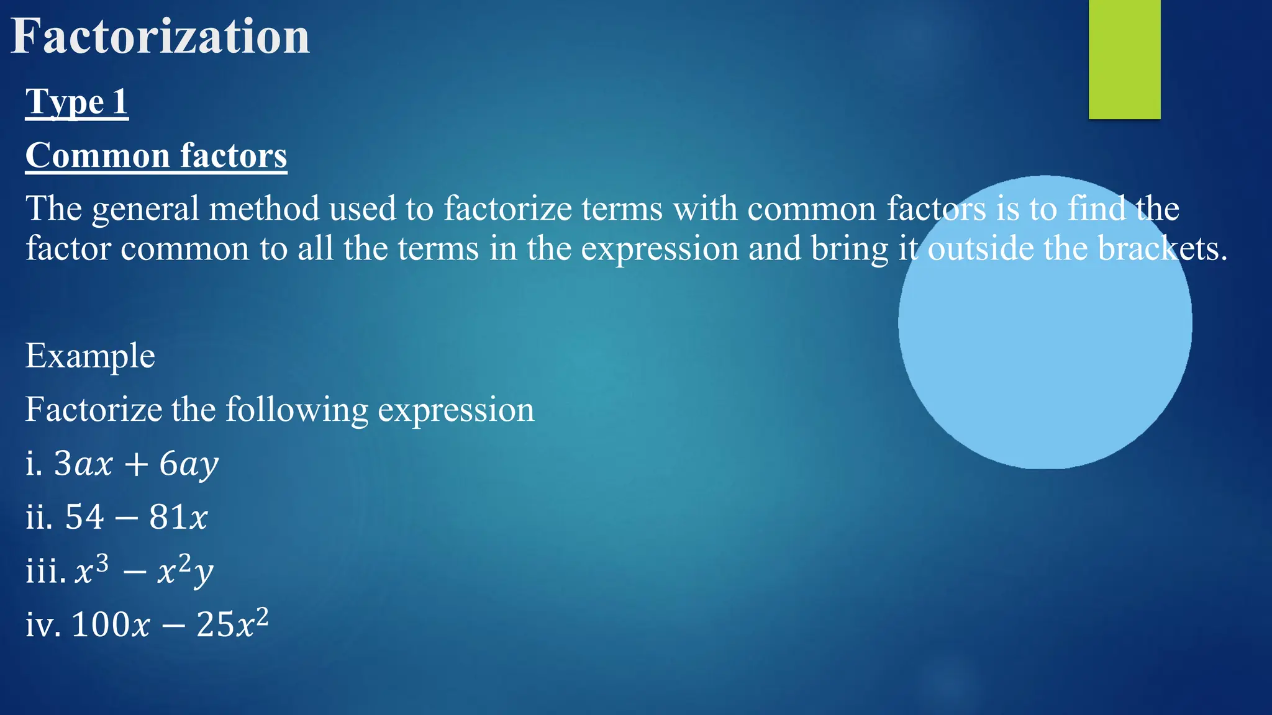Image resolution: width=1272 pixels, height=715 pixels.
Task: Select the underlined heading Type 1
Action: tap(77, 102)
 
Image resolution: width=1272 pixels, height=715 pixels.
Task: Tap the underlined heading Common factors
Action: tap(156, 155)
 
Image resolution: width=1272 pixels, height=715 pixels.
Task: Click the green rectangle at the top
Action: tap(1124, 59)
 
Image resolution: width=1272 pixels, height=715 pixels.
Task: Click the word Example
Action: tap(90, 356)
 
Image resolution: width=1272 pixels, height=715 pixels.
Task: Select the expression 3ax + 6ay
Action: tap(136, 464)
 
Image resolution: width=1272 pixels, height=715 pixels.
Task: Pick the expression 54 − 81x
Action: tap(136, 517)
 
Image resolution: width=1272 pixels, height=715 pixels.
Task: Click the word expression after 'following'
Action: tap(456, 410)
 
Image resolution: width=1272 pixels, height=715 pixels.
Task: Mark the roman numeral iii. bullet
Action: tap(45, 570)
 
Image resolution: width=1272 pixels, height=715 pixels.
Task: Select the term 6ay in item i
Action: tap(189, 464)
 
